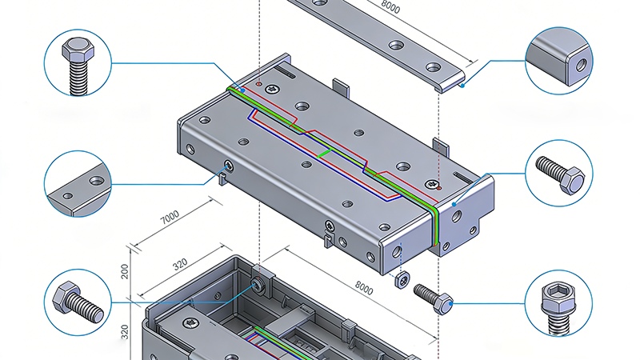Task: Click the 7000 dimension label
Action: (x=169, y=217)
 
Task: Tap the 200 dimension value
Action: (x=125, y=270)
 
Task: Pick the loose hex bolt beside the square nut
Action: (x=433, y=298)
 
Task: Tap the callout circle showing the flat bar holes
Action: (x=78, y=183)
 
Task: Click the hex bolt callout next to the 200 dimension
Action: (x=78, y=302)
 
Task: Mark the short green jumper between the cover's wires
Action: (x=325, y=150)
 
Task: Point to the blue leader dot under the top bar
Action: (x=463, y=81)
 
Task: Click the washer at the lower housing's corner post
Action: (x=258, y=284)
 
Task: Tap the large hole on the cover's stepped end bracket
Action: (x=457, y=214)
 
